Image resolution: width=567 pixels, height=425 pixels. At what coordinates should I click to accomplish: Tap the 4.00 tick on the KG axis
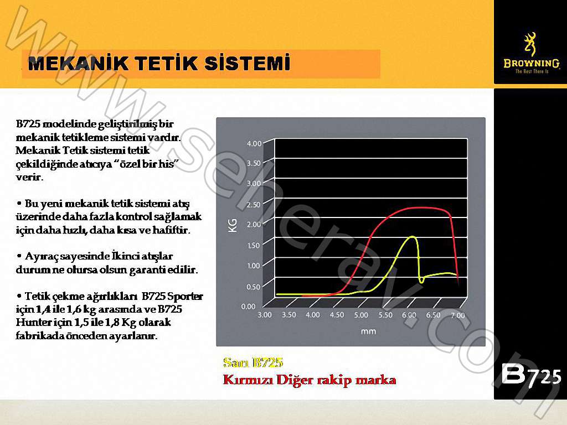coord(254,143)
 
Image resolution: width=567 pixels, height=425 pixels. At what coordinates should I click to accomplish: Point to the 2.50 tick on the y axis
coord(254,205)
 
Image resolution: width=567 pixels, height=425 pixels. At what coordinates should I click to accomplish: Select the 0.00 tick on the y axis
coord(248,306)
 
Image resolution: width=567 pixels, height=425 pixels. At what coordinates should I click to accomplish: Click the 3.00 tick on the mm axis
coord(265,315)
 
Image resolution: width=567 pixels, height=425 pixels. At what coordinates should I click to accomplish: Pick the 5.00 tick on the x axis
coord(360,315)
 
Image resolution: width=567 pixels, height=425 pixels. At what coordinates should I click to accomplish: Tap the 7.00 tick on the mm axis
coord(457,315)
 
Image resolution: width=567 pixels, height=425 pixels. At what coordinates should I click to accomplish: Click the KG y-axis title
coord(233,224)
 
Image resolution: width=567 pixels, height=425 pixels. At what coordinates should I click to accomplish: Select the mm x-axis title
coord(368,331)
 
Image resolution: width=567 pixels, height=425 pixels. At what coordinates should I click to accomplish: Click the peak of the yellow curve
coord(412,237)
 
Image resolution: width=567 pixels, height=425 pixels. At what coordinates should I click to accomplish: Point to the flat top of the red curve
coord(424,208)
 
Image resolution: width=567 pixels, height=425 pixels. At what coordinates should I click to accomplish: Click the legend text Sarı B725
coord(253,363)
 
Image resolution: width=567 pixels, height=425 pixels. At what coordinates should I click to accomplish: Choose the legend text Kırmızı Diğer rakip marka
coord(309,380)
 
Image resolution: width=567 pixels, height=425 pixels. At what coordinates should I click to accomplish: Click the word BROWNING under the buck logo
coord(530,63)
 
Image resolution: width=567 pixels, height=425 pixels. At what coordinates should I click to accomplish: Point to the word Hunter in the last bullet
coord(32,323)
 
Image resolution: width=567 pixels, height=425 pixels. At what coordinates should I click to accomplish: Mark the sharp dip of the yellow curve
coord(421,281)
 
